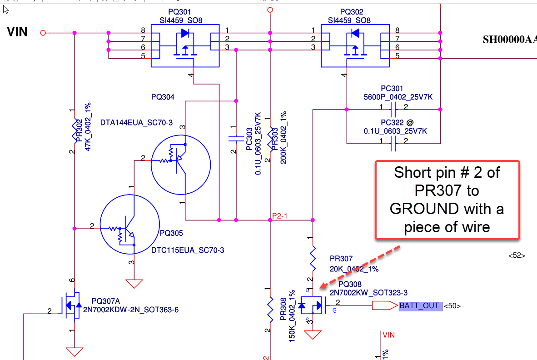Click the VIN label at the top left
pos(17,32)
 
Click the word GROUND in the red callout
pos(424,209)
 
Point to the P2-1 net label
pos(280,216)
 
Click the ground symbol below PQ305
pos(134,283)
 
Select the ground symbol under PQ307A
pos(74,352)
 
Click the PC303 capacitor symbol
pos(236,139)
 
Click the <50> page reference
pos(452,306)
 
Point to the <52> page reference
pos(517,256)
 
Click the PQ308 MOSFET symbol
pos(312,305)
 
